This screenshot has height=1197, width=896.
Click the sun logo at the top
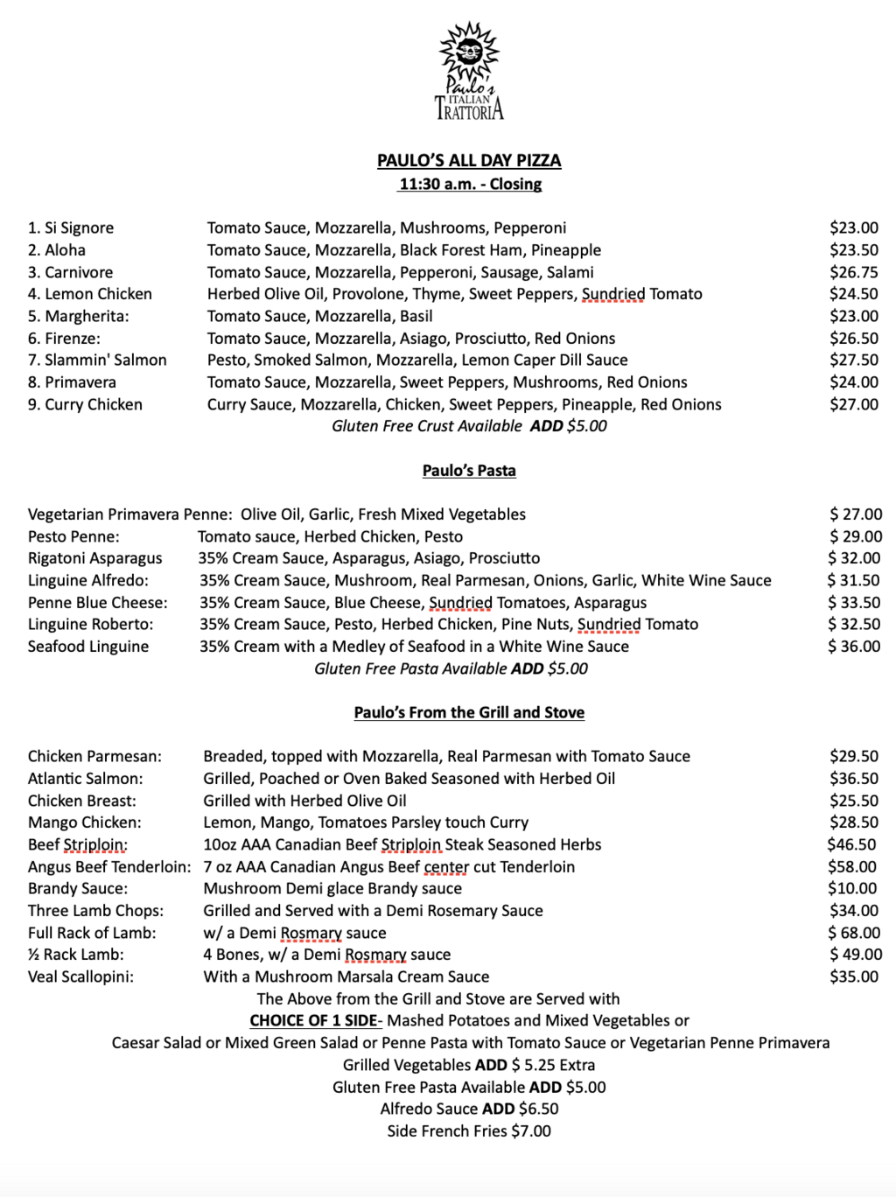469,54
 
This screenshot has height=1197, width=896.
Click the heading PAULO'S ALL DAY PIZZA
469,161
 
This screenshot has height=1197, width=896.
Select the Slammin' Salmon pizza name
97,360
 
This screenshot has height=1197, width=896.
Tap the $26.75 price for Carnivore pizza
853,272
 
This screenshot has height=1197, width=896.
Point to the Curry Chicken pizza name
85,404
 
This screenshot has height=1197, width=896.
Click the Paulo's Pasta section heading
469,471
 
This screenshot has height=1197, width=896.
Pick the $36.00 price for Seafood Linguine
854,647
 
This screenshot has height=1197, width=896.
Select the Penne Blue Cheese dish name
97,603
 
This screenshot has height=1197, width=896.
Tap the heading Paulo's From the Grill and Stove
469,712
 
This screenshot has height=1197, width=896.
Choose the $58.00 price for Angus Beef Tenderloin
852,867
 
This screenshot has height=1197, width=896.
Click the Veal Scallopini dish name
80,976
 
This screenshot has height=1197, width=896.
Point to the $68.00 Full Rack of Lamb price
854,933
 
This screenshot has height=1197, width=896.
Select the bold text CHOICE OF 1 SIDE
315,1021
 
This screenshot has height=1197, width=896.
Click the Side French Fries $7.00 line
469,1131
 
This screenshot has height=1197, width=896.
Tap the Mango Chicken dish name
84,822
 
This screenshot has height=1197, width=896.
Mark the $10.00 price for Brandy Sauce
853,889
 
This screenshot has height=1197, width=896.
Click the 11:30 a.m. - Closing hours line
470,185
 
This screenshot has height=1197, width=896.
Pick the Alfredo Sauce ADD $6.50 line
469,1109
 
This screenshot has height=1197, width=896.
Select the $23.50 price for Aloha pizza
853,250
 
